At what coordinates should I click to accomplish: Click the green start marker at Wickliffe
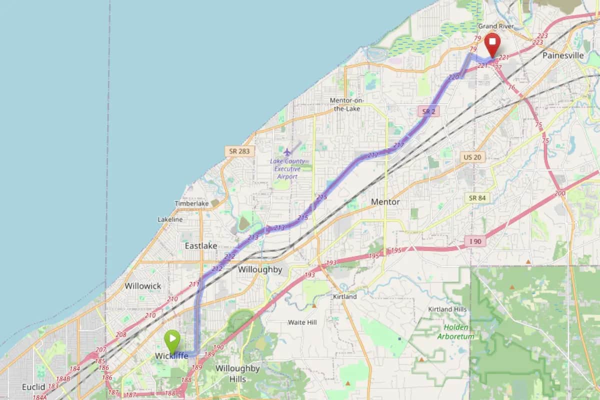tap(172, 339)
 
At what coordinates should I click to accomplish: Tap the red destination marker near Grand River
tap(492, 45)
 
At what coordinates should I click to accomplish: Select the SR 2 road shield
tap(428, 111)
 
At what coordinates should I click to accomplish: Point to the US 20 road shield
tap(472, 157)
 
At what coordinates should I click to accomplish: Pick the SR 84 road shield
tap(478, 198)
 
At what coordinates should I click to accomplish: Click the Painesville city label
tap(563, 55)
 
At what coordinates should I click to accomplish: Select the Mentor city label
tap(385, 202)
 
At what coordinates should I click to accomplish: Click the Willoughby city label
tap(260, 269)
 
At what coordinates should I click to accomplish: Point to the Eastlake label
tap(201, 246)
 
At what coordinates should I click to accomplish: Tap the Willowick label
tap(143, 285)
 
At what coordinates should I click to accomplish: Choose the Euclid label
tap(33, 387)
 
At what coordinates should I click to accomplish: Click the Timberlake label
tap(191, 203)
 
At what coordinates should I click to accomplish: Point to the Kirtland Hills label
tap(447, 309)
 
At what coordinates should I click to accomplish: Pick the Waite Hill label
tap(302, 322)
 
